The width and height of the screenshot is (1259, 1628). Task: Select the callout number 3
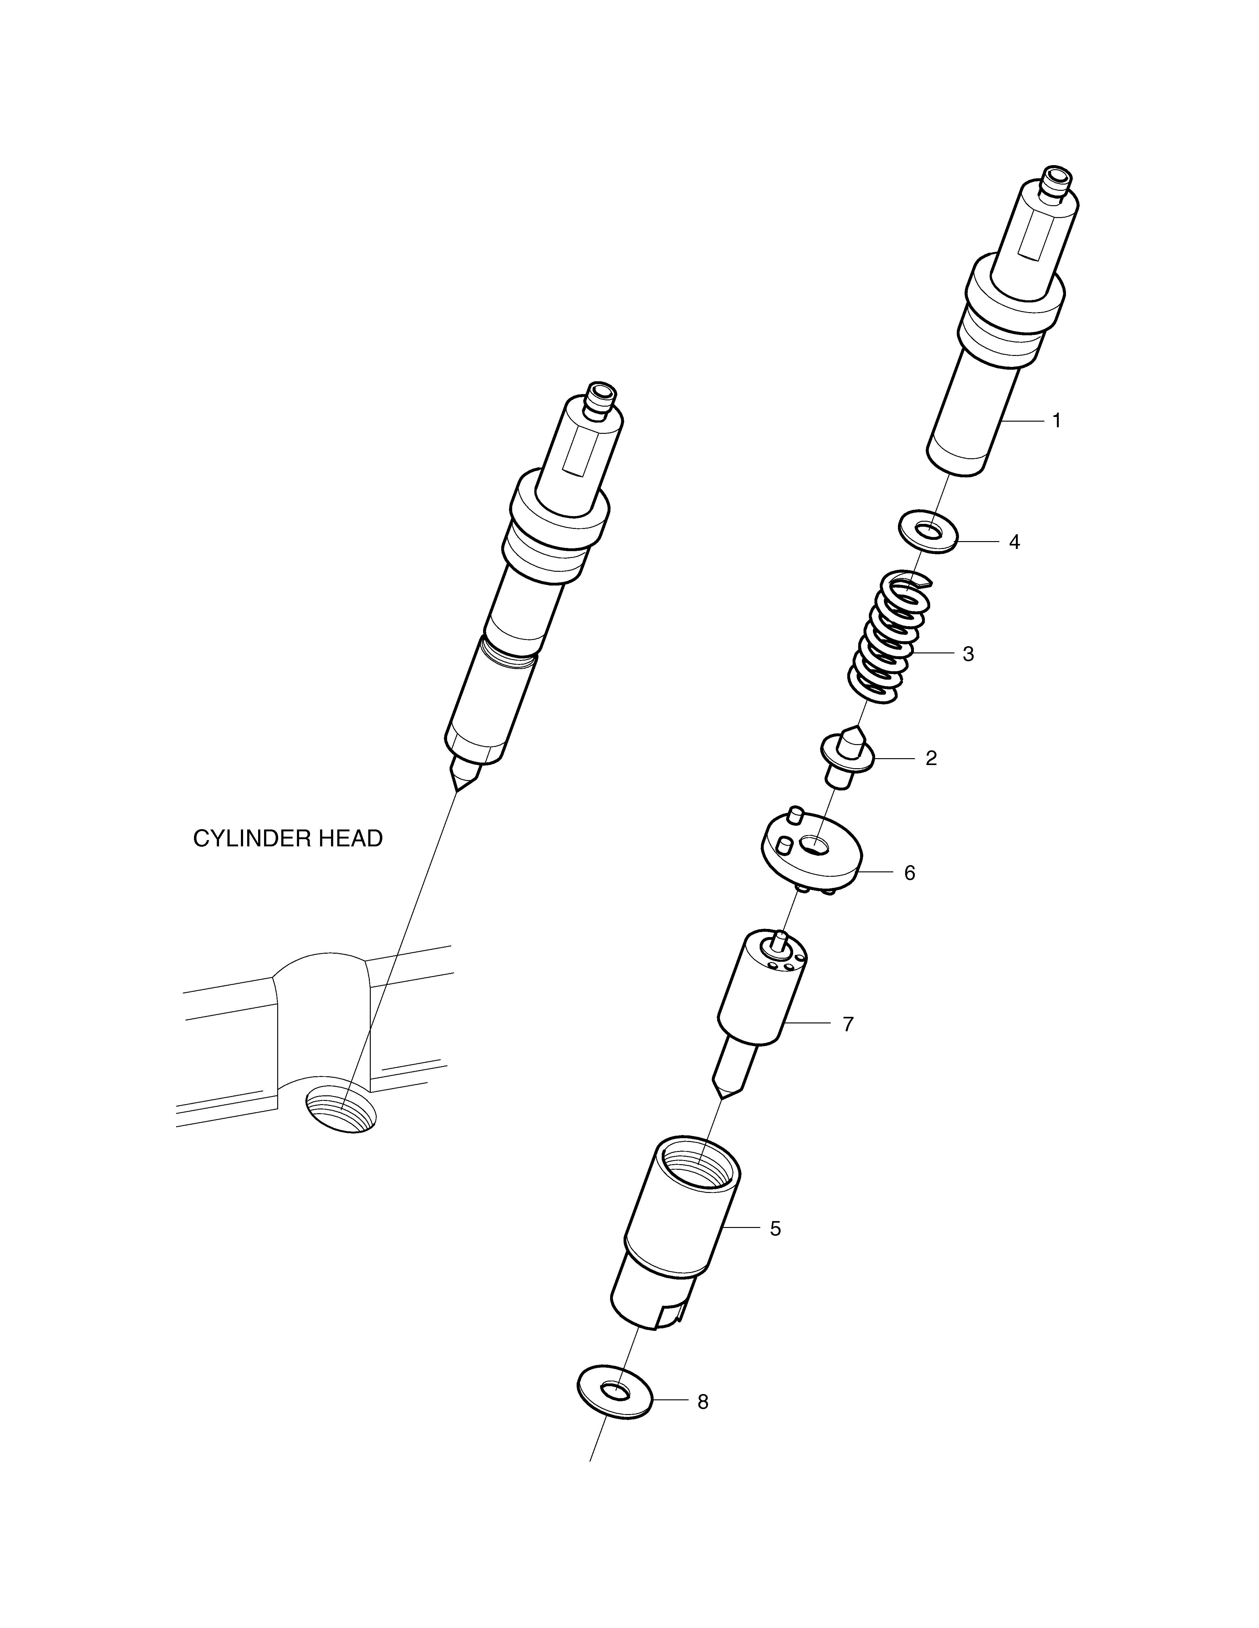[x=968, y=654]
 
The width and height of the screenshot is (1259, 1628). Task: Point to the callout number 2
[x=931, y=758]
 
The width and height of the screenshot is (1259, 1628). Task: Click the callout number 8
[x=703, y=1402]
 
